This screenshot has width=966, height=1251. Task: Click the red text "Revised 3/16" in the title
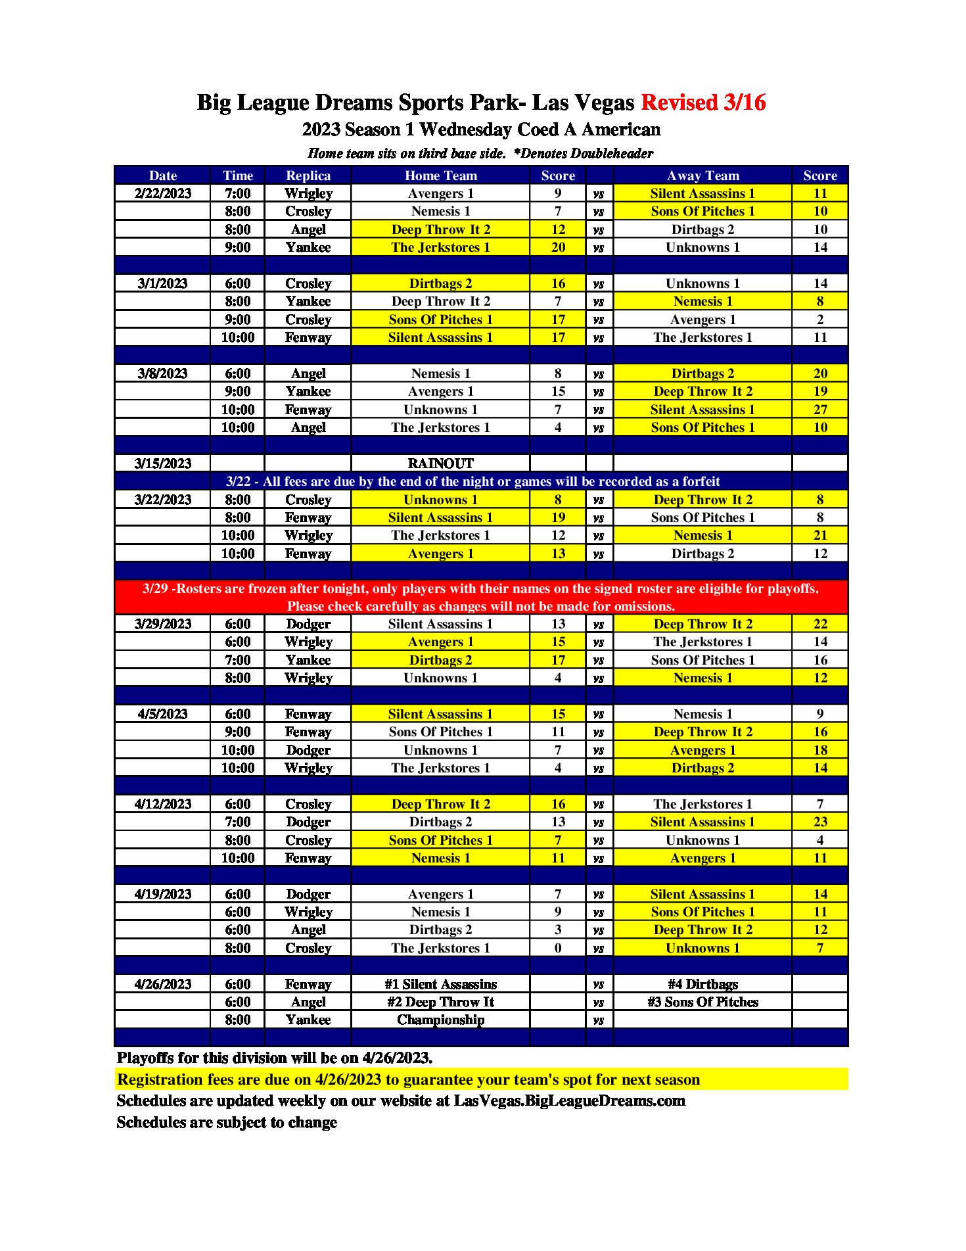[703, 103]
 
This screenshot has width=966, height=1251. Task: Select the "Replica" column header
[308, 176]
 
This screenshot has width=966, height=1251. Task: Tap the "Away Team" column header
[702, 176]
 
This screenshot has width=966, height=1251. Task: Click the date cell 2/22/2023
[162, 193]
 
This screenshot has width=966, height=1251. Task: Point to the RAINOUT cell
[440, 463]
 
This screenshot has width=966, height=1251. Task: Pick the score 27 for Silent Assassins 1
[820, 410]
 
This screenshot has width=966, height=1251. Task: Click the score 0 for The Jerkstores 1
[558, 948]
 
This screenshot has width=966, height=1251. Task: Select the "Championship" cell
[440, 1020]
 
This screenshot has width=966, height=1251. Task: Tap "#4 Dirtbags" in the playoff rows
[702, 984]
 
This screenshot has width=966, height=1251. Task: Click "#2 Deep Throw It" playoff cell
[440, 1002]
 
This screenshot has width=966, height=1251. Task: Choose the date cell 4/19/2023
[162, 894]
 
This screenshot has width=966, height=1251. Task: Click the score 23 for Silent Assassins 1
[820, 822]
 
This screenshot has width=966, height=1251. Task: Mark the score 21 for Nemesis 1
[820, 535]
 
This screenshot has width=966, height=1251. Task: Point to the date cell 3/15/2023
[162, 463]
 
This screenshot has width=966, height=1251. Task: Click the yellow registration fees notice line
[408, 1079]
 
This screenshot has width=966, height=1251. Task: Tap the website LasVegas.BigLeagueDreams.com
[569, 1101]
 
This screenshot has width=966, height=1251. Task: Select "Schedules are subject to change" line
[227, 1122]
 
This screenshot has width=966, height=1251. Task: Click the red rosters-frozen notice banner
[481, 597]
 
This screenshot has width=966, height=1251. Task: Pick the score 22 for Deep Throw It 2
[820, 624]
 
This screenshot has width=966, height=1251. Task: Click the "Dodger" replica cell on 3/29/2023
[308, 624]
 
